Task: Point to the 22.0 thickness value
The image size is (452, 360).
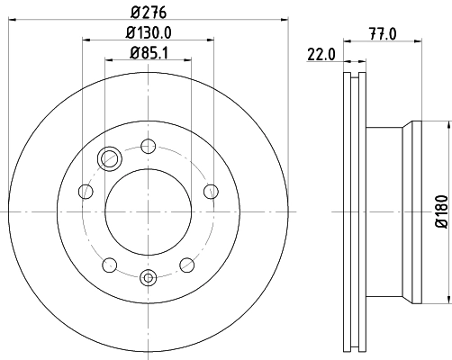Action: (321, 54)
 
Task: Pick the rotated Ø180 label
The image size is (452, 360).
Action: (441, 211)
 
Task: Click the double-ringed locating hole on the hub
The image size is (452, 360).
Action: (110, 159)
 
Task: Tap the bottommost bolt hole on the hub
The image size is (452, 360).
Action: (149, 278)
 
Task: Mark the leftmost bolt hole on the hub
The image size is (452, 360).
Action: (86, 191)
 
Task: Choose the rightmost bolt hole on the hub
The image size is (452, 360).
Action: (211, 191)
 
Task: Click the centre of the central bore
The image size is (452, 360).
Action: (149, 211)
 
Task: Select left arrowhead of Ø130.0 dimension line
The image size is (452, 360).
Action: (86, 40)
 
